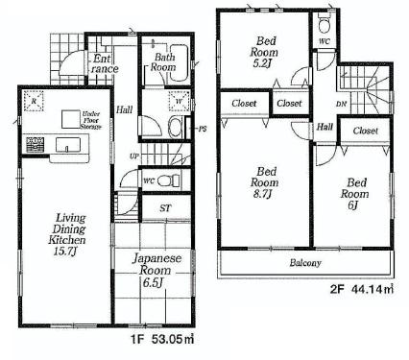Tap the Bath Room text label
point(163,62)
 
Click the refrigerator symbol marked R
point(34,100)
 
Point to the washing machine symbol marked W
point(179,100)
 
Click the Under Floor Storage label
point(93,118)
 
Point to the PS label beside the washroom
point(203,129)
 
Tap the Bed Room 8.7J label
point(264,182)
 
